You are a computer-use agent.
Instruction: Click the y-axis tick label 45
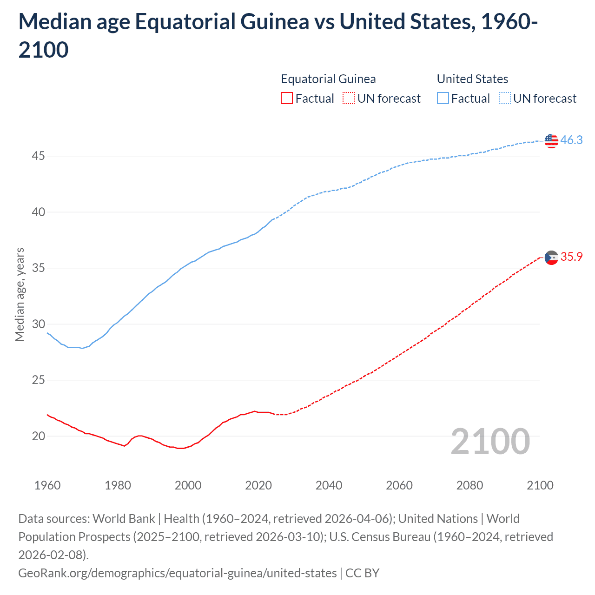coord(38,156)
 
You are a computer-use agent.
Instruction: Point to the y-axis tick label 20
coord(38,436)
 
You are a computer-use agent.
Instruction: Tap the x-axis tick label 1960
coord(47,485)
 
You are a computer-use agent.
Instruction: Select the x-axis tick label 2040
coord(329,485)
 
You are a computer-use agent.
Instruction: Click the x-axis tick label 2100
coord(540,485)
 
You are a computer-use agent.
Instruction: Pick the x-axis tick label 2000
coord(188,485)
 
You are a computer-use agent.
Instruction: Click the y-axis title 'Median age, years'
coord(20,295)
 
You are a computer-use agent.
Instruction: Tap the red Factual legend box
coord(287,99)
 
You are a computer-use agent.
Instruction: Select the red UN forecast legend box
coord(349,99)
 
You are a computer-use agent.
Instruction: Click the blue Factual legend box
coord(443,99)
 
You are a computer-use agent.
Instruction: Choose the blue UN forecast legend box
coord(505,99)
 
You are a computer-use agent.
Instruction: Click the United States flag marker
coord(551,140)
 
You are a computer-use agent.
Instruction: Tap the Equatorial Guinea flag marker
coord(551,257)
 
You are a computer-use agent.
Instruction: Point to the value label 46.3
coord(571,140)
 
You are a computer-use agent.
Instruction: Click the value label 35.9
coord(571,257)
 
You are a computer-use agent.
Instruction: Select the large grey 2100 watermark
coord(490,442)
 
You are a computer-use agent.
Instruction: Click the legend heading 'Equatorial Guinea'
coord(328,79)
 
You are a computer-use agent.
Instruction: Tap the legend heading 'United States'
coord(472,79)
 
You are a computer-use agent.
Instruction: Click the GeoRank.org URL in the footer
coord(177,573)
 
